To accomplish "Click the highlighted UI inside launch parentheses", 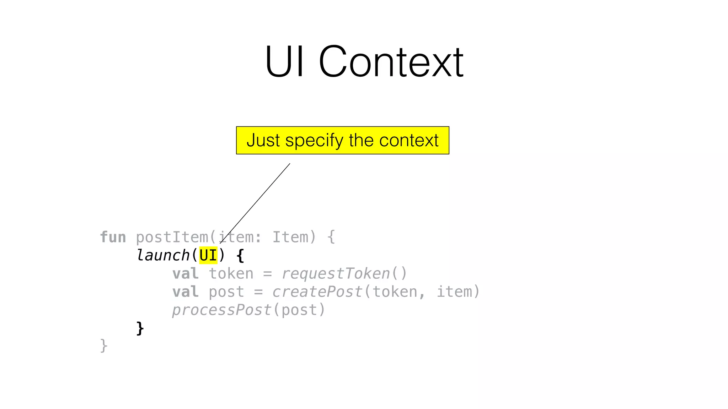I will (208, 255).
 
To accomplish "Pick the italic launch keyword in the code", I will (163, 255).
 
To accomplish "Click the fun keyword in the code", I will (113, 237).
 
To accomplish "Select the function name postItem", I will (172, 237).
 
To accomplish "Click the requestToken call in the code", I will (336, 274).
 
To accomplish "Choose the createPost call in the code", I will (317, 292).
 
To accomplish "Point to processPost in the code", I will (222, 310).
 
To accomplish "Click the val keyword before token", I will (185, 274).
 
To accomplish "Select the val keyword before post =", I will (185, 292).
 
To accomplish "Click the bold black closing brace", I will (140, 328).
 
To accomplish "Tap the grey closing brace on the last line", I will (103, 346).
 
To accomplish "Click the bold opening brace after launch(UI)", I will (240, 256).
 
